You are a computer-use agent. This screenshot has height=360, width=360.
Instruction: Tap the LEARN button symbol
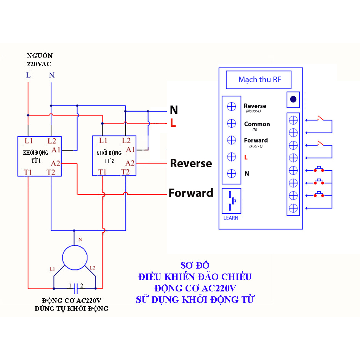pyautogui.click(x=232, y=201)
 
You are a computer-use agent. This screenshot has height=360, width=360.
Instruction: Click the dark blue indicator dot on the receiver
pyautogui.click(x=293, y=99)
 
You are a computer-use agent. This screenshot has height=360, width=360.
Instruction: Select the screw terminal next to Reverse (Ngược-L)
pyautogui.click(x=231, y=107)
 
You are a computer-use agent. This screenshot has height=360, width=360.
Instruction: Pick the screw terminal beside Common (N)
pyautogui.click(x=231, y=123)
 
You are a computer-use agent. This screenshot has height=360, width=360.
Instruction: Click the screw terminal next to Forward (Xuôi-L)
pyautogui.click(x=231, y=140)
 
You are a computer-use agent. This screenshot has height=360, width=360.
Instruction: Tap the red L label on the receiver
pyautogui.click(x=246, y=157)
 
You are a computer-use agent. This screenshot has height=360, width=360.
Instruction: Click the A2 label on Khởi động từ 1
pyautogui.click(x=56, y=163)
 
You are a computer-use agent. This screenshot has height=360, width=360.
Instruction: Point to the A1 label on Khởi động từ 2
pyautogui.click(x=130, y=149)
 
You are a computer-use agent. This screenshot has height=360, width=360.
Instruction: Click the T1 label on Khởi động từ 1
pyautogui.click(x=28, y=172)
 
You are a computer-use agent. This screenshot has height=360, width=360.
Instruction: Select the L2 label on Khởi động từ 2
pyautogui.click(x=126, y=141)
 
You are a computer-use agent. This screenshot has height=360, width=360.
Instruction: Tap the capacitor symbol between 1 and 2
pyautogui.click(x=75, y=286)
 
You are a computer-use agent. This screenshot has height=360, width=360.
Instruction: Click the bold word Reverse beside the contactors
pyautogui.click(x=191, y=163)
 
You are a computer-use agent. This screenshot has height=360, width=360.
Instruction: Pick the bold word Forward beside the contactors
pyautogui.click(x=191, y=193)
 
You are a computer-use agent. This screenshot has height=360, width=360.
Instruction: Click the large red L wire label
pyautogui.click(x=173, y=123)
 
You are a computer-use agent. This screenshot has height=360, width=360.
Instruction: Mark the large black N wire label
pyautogui.click(x=174, y=110)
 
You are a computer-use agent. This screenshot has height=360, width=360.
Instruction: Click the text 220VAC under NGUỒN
pyautogui.click(x=39, y=64)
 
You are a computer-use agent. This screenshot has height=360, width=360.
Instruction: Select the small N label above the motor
pyautogui.click(x=80, y=240)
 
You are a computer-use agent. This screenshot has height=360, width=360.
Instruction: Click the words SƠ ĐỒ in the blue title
pyautogui.click(x=195, y=265)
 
